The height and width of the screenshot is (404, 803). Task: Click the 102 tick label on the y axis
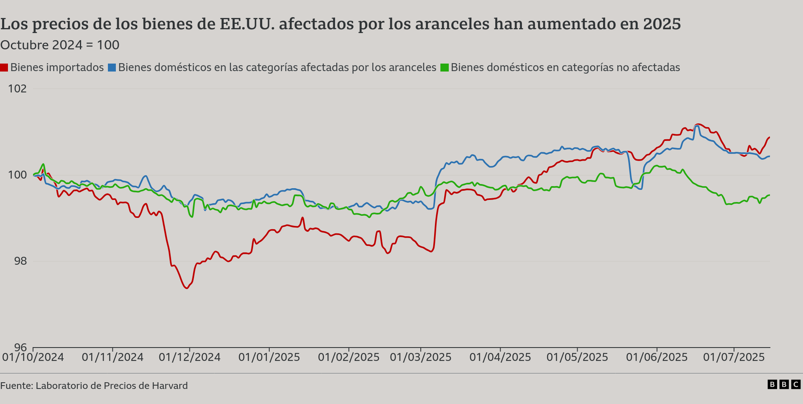[x=17, y=89]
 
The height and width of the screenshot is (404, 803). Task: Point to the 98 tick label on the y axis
[x=20, y=261]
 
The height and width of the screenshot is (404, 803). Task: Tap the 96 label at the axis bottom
[x=20, y=347]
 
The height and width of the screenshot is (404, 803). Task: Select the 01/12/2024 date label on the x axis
[x=189, y=357]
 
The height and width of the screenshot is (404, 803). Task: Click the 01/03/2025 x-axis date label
[x=421, y=357]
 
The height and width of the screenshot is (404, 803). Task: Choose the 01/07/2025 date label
[x=734, y=357]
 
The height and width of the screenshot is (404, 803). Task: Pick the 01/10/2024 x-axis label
[x=33, y=357]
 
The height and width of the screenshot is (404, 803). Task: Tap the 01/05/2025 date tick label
[x=577, y=357]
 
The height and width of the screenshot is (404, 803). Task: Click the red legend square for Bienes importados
[x=4, y=68]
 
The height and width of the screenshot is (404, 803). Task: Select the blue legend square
[x=112, y=68]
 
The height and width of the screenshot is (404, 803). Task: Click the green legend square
[x=445, y=68]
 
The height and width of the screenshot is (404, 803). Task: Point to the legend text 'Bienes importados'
[x=57, y=67]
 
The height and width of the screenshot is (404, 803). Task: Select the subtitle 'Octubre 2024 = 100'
[x=60, y=45]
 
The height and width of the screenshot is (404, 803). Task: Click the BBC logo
[x=784, y=384]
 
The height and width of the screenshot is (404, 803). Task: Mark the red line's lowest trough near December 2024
[x=187, y=288]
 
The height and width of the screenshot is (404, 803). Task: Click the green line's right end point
[x=770, y=195]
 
